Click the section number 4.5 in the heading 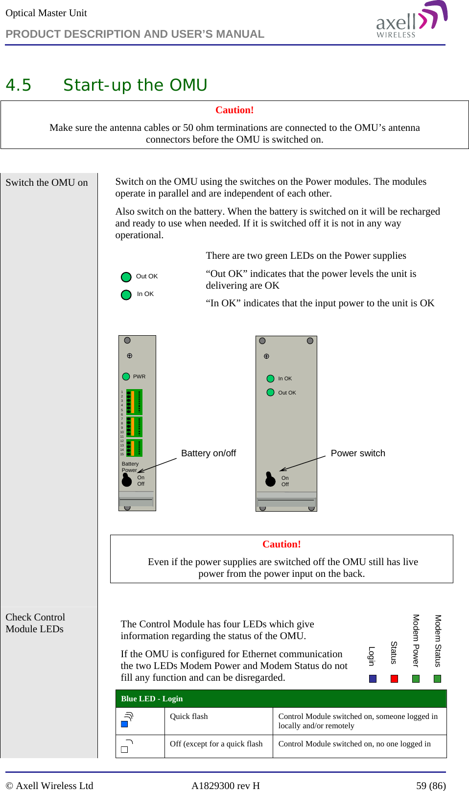click(18, 85)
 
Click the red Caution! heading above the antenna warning click(234, 110)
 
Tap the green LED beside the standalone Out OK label click(126, 277)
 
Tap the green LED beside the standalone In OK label click(126, 295)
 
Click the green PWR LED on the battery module click(126, 376)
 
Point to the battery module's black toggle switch click(126, 480)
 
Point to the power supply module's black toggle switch click(270, 480)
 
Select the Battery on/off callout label click(209, 453)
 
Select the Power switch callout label click(358, 453)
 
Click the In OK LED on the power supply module click(270, 378)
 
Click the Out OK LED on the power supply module click(270, 392)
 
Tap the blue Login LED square click(373, 679)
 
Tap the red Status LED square click(394, 679)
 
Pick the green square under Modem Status click(437, 679)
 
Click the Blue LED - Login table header click(152, 699)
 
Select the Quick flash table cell click(189, 717)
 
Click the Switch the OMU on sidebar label click(47, 183)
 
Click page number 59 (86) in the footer click(431, 786)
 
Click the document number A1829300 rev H click(225, 786)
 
